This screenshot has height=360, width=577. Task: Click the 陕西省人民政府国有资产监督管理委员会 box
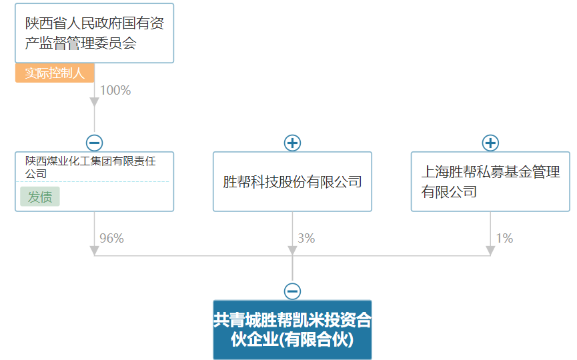point(94,33)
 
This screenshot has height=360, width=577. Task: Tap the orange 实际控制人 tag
point(55,73)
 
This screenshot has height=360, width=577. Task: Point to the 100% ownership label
point(115,90)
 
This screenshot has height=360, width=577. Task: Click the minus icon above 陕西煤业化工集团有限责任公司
point(94,143)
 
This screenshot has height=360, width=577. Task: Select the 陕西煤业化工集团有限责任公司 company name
point(90,167)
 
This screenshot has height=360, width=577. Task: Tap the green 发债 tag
point(40,197)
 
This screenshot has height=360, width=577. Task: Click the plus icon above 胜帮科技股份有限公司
point(293,143)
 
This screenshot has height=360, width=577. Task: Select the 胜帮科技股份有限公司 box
point(293,181)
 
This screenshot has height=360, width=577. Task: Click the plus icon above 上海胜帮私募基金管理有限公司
point(490,143)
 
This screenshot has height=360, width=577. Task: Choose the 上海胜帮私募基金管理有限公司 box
point(490,181)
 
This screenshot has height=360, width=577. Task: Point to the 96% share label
point(111,238)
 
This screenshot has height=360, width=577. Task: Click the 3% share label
point(306,238)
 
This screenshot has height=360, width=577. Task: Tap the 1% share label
point(504,238)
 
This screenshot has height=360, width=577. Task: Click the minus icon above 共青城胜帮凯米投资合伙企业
point(293,291)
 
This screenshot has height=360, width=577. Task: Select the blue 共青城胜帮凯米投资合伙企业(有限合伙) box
point(293,330)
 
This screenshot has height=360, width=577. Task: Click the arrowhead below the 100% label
point(94,102)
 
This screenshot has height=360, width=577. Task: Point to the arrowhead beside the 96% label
point(94,251)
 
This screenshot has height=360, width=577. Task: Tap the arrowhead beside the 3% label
point(293,251)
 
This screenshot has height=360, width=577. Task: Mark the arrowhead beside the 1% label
point(490,251)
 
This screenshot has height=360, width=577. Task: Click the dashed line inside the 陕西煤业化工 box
point(93,181)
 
